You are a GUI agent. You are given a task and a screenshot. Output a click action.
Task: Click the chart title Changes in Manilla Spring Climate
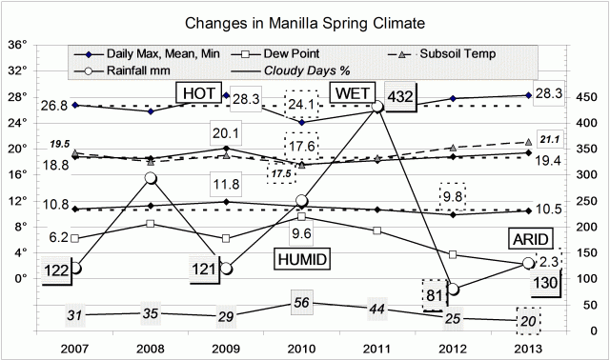point(305,21)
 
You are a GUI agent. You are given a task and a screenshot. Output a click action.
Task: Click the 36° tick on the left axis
point(17,45)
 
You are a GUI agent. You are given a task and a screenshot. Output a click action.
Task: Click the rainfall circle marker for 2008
point(151,178)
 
